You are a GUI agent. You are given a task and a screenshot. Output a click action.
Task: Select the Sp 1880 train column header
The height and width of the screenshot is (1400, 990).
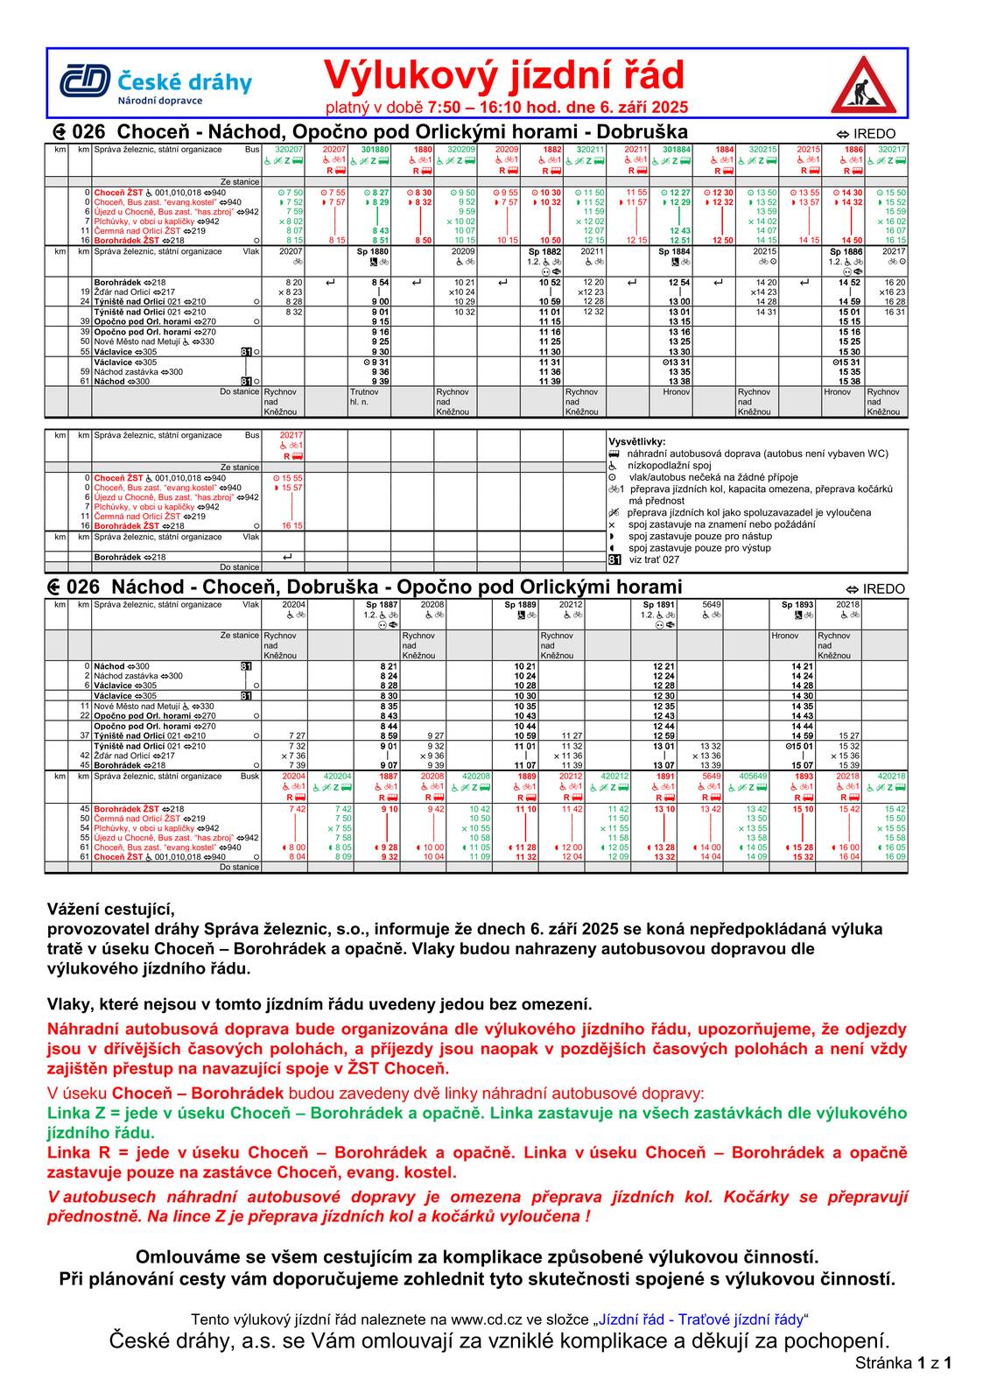click(x=374, y=251)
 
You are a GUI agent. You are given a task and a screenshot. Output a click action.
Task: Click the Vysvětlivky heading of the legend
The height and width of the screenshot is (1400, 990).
click(x=636, y=442)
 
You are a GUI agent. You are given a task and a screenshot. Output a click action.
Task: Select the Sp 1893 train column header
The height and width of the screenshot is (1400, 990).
click(x=797, y=605)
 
